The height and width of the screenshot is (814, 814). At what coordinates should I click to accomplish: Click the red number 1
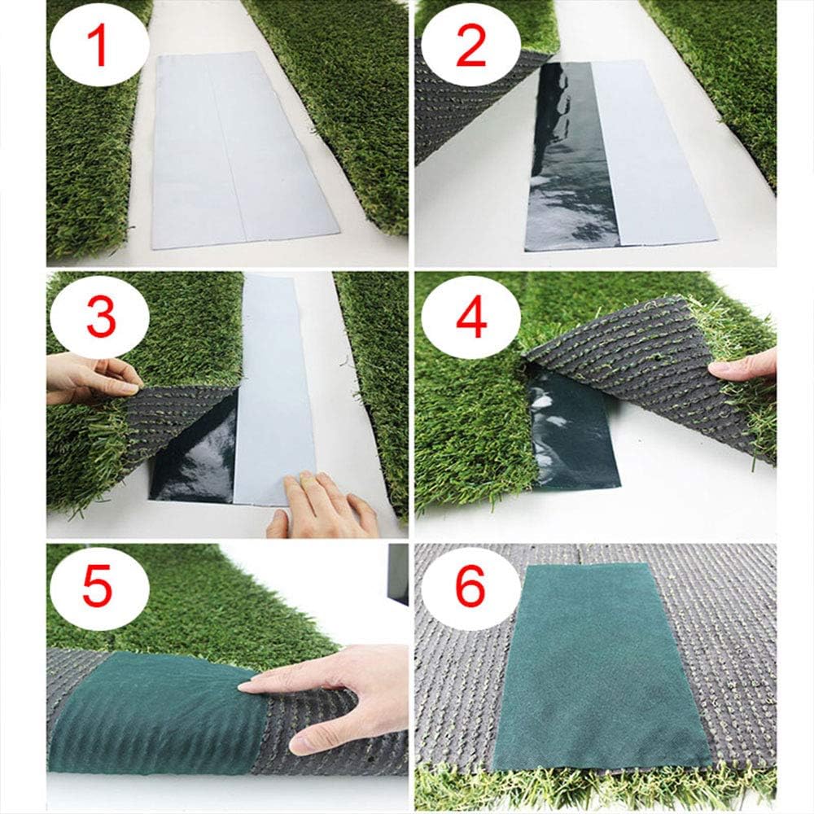pyautogui.click(x=100, y=46)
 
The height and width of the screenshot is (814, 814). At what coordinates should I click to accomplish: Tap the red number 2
pyautogui.click(x=470, y=46)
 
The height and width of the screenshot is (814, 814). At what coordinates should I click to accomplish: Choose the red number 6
pyautogui.click(x=470, y=588)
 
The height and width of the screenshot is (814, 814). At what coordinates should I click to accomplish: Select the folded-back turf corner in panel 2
pyautogui.click(x=464, y=106)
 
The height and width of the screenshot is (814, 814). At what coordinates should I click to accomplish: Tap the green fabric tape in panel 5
pyautogui.click(x=155, y=708)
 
